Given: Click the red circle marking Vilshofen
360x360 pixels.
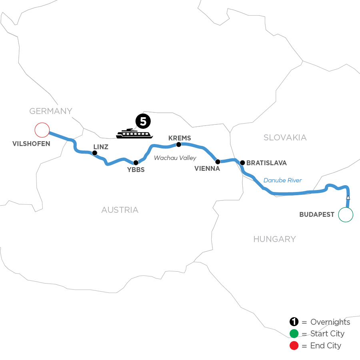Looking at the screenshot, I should coord(42,130).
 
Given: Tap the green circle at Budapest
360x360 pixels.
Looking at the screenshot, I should coord(346,215).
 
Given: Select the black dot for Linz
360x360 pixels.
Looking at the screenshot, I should coord(95,153).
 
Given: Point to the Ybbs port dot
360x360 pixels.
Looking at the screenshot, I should coord(136,163).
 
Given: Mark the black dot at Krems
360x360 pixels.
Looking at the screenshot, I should coord(179,144).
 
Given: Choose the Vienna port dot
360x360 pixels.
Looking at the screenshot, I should coord(218,162).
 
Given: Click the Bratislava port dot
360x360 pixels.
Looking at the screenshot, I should coord(242,163).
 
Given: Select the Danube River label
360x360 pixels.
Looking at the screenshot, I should coord(282,180).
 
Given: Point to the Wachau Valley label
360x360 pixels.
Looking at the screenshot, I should coord(175,158).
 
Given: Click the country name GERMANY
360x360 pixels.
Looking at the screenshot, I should coord(50,111).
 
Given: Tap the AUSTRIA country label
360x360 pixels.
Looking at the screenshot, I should coord(120,210).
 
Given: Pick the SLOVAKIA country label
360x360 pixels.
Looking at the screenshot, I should coord(285,138).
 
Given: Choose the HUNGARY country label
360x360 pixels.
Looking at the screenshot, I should coord(274,239).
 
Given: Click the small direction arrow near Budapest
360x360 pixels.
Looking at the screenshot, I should coord(348,198).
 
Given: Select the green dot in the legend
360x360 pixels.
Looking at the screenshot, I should coord(294,334).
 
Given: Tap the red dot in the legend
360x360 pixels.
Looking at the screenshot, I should coord(294,345).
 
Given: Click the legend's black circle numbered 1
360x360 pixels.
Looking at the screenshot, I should coord(294,322).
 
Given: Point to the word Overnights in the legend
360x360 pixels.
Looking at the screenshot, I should coord(330,322).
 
